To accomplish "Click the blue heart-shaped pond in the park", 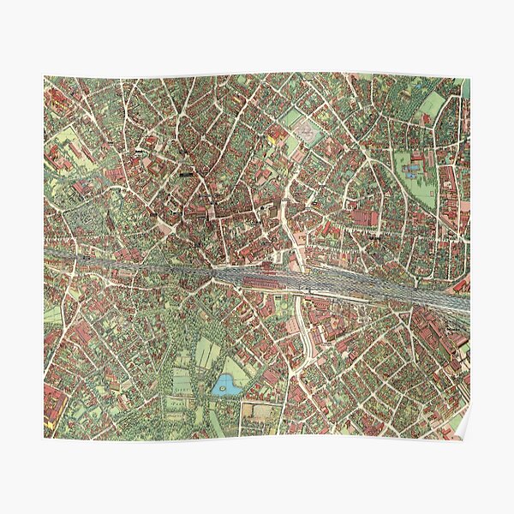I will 227,385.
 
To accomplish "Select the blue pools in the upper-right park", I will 413,170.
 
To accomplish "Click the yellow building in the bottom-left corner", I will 55,417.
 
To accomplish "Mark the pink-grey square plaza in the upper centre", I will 303,131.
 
